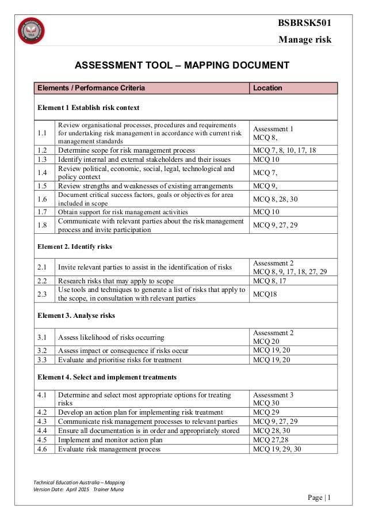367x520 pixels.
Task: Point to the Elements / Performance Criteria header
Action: [x=91, y=88]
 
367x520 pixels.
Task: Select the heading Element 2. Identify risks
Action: [x=76, y=246]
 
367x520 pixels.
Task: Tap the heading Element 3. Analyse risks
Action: [x=76, y=316]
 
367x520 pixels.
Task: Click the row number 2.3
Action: [x=42, y=294]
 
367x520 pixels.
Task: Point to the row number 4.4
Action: [x=42, y=431]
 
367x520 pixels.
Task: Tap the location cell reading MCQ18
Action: [x=264, y=294]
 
